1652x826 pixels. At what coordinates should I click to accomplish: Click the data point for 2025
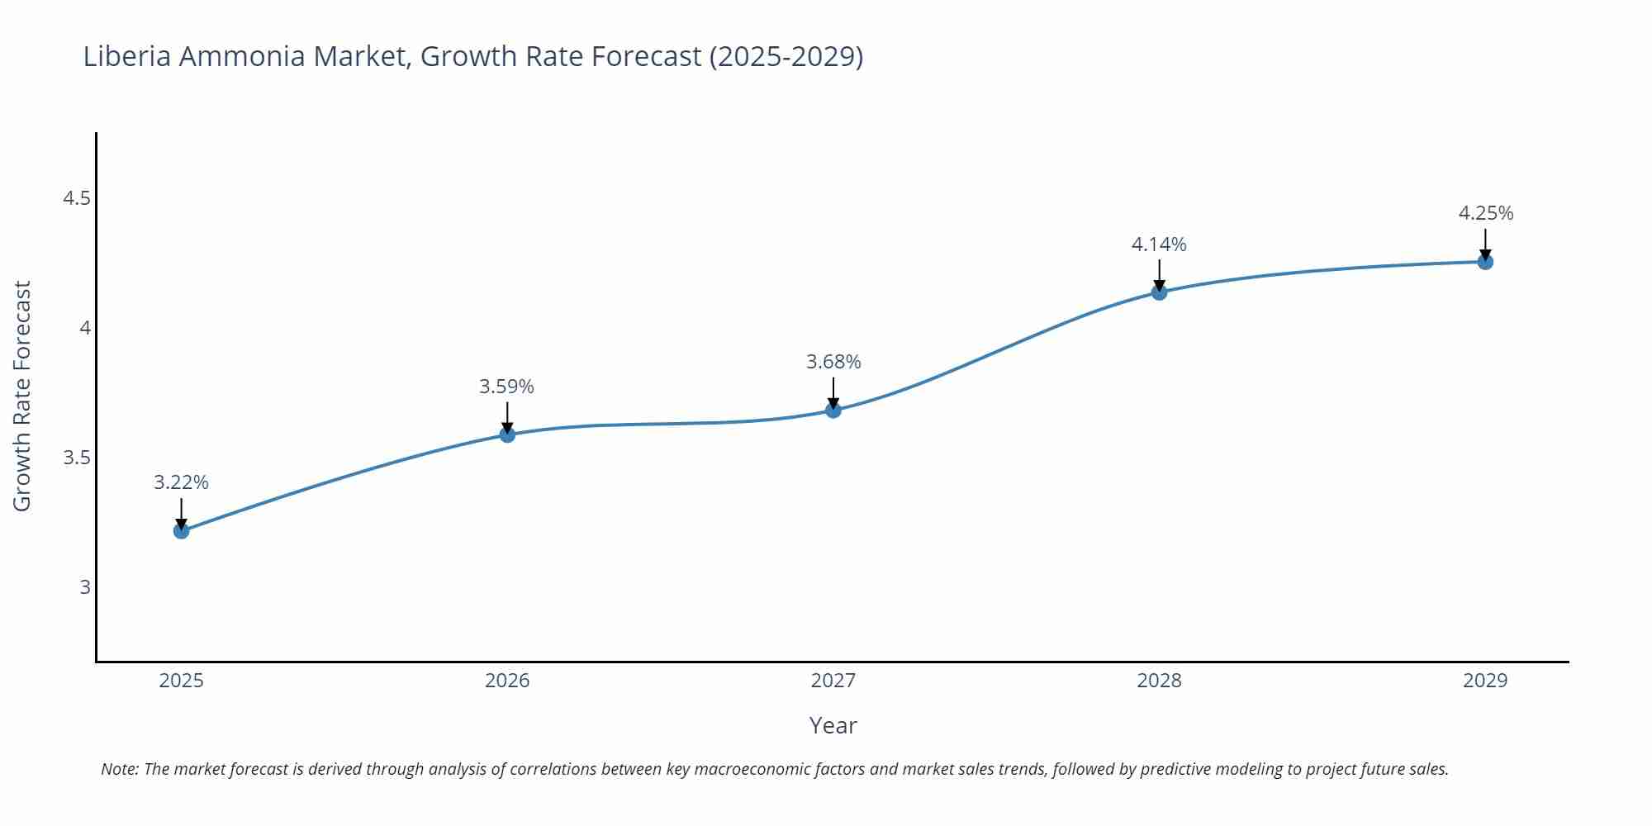181,530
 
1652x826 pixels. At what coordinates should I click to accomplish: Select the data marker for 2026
507,434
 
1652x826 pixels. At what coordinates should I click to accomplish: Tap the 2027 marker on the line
833,410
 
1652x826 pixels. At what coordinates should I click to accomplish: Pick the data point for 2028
1159,292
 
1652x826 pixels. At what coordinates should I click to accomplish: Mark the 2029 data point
1485,262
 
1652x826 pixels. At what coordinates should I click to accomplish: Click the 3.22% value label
181,482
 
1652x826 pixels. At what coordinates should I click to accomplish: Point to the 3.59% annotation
506,387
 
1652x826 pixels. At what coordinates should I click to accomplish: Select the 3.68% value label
833,362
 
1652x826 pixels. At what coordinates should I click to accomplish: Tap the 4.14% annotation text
1159,244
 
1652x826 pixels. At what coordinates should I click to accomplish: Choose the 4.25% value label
1486,213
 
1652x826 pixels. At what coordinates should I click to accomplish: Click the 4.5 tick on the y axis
77,198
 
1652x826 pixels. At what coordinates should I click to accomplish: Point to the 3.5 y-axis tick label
77,458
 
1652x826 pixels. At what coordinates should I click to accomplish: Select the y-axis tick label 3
84,587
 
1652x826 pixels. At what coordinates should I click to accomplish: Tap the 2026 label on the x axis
507,681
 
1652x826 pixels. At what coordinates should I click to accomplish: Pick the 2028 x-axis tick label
1159,681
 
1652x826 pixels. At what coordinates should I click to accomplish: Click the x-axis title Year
833,725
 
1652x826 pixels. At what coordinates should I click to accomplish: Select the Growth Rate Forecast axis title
22,396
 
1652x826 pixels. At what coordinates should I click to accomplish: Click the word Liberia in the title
127,56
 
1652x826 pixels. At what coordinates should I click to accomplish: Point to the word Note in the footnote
119,769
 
